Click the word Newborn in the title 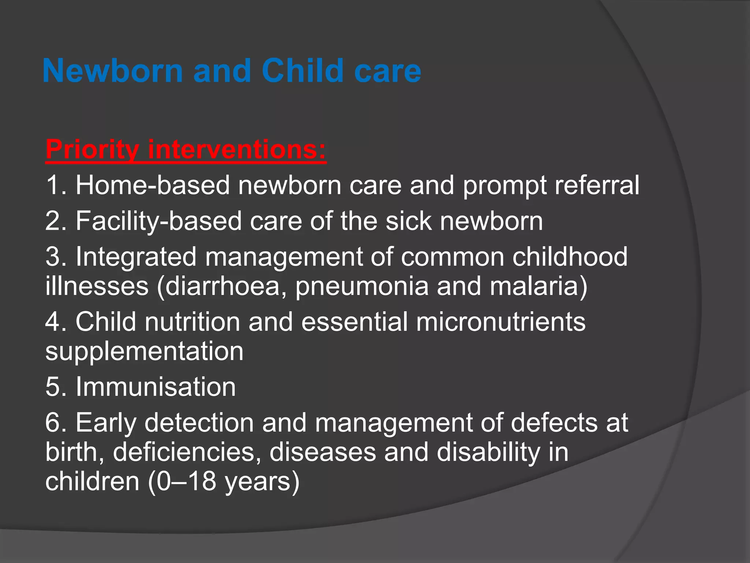(x=112, y=71)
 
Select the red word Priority (x=92, y=150)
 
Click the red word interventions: (x=237, y=150)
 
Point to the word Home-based (x=153, y=185)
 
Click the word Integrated (x=136, y=257)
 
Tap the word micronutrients (x=501, y=322)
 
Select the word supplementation (x=144, y=351)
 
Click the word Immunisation (x=156, y=387)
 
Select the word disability (x=488, y=452)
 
